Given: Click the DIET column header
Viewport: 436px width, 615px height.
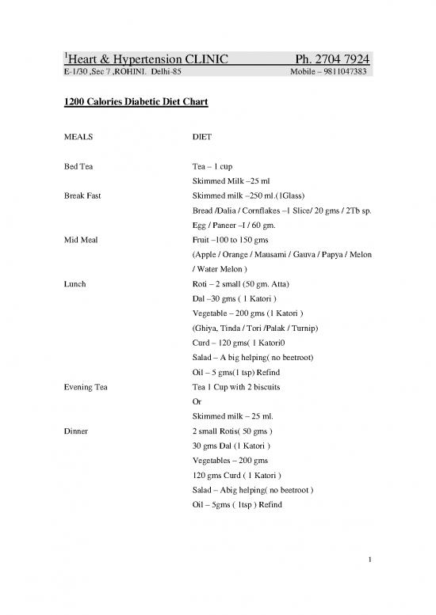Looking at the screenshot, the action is tap(203, 136).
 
